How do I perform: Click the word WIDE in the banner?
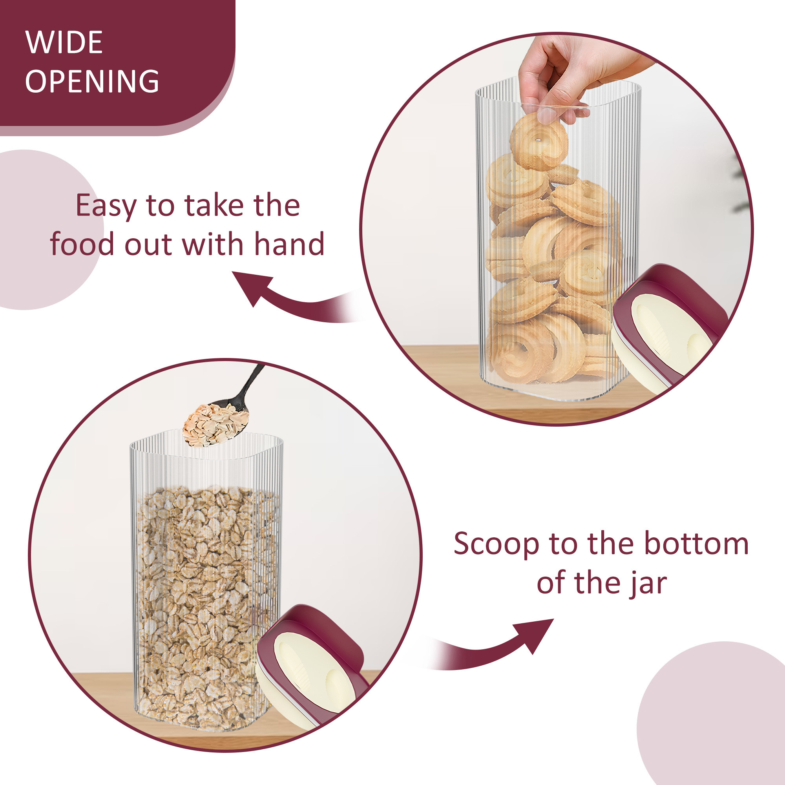[x=64, y=43]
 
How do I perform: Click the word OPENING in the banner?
[x=92, y=81]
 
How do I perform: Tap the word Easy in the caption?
[x=106, y=206]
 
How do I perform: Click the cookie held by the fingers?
[x=539, y=142]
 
